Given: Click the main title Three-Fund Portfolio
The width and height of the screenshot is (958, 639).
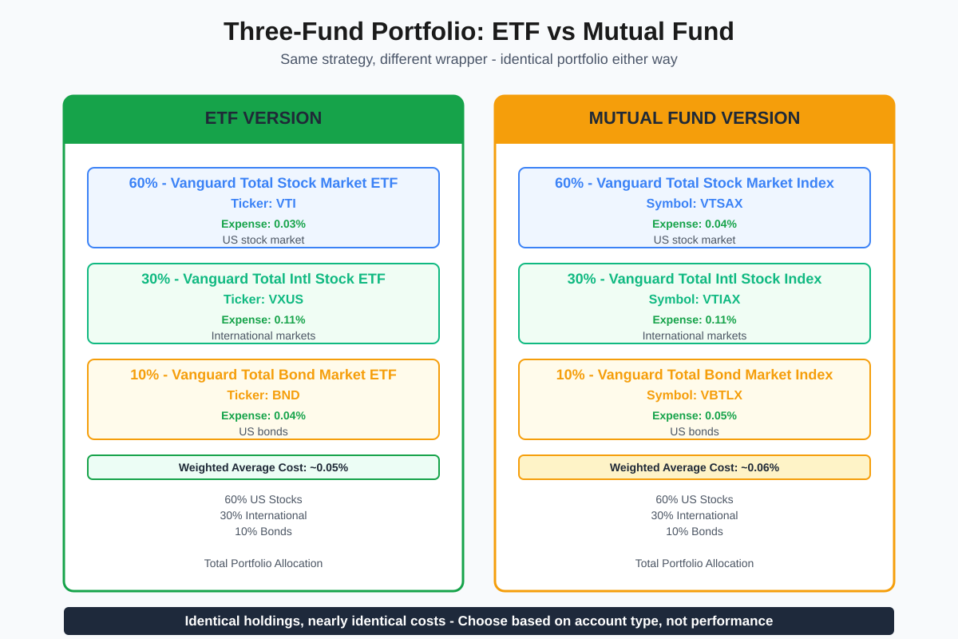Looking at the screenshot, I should tap(478, 32).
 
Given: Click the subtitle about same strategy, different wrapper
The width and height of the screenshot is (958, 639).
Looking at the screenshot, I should tap(478, 59).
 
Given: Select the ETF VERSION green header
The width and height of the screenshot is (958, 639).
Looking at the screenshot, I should tap(263, 118).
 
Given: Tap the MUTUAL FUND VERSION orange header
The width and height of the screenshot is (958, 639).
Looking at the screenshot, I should tap(695, 118).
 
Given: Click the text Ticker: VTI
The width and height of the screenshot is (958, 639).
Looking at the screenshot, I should tap(263, 204).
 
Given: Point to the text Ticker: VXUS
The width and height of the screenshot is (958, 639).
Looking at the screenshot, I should tap(263, 300).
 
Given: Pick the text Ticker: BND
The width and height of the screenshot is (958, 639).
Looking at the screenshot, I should tap(263, 395).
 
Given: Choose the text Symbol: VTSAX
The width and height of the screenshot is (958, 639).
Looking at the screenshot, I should tap(695, 204).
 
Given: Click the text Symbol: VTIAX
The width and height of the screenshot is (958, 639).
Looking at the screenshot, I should tap(695, 300).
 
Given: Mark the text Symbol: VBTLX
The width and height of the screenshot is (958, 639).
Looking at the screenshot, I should tap(695, 395).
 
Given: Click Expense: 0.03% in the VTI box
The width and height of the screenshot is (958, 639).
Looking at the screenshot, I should tap(263, 224).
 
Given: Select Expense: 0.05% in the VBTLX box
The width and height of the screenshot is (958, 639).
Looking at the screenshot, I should tap(695, 415).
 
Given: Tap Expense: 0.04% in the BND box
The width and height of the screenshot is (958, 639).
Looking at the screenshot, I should tap(263, 415).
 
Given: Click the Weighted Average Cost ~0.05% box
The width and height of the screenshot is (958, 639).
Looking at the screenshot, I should tap(263, 467).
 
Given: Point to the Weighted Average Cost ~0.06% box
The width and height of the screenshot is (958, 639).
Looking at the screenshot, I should tap(695, 467).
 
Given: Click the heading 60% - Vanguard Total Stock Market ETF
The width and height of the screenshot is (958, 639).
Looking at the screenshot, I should tap(263, 183).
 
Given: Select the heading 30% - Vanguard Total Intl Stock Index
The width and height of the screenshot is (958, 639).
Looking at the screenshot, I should tap(695, 279).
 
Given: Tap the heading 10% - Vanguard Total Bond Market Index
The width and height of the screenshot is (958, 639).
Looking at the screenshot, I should tap(695, 375).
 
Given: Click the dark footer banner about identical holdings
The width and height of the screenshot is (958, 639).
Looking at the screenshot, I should tap(479, 621).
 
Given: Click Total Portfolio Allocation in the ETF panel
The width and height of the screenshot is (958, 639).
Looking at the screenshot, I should tap(263, 563).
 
